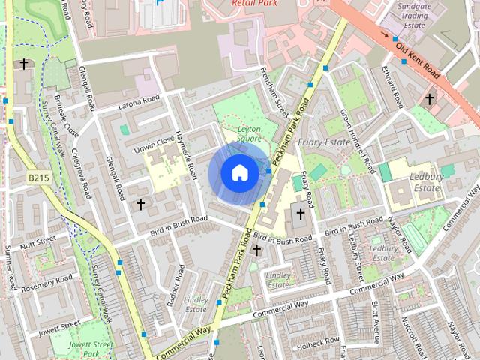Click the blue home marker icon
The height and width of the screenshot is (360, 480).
[x=239, y=173]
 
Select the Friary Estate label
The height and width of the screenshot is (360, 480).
[x=323, y=141]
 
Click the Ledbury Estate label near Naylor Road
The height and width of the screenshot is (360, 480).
[x=424, y=182]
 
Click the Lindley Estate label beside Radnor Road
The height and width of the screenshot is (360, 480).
[x=196, y=304]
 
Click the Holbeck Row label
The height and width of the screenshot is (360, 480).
[x=318, y=342]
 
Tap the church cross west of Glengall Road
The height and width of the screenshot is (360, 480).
[x=140, y=204]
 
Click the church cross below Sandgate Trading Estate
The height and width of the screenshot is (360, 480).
[x=430, y=98]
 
